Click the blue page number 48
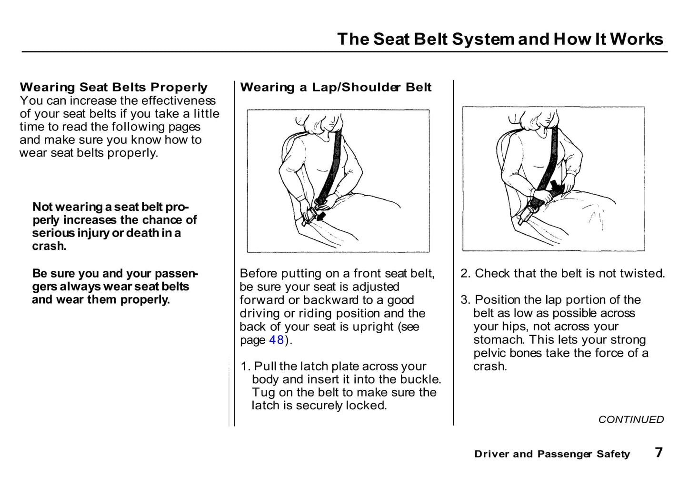point(277,340)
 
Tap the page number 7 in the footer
point(658,452)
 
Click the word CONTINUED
point(631,419)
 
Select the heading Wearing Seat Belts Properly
point(113,87)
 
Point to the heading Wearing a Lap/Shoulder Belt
point(336,87)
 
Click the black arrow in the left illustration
point(321,217)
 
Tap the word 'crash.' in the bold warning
point(49,246)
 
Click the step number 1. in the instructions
point(245,366)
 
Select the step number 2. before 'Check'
point(465,273)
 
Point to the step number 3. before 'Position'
point(465,300)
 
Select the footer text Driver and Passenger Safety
point(552,454)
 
